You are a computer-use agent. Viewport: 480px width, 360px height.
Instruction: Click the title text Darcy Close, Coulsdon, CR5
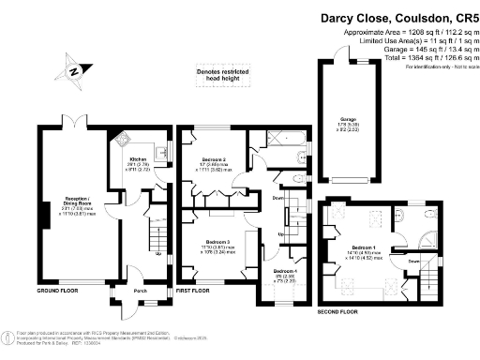tap(392, 17)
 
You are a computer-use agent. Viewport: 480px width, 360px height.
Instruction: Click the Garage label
tap(347, 119)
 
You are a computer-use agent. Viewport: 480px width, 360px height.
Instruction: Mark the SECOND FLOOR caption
tap(337, 310)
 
